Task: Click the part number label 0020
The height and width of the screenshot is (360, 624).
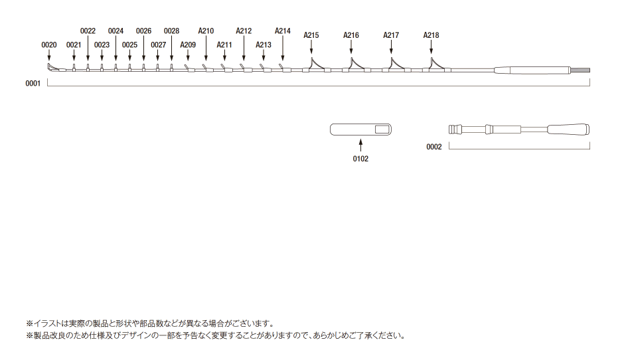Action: point(49,45)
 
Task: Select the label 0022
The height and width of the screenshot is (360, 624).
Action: point(88,31)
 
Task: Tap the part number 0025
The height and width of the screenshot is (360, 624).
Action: point(129,45)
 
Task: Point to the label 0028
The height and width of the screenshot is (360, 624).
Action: point(171,31)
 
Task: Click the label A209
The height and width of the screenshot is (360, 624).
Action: point(188,45)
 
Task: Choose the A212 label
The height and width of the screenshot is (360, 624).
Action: point(244,31)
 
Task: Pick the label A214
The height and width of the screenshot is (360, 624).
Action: point(283,31)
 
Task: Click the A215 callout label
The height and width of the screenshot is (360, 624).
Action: point(311,35)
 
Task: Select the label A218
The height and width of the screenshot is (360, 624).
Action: point(431,35)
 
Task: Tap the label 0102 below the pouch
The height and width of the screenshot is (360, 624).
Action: point(360,159)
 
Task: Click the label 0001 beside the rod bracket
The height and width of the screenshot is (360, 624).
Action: point(33,84)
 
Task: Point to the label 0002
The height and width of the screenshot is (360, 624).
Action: point(434,147)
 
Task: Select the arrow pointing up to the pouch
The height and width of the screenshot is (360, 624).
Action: point(360,145)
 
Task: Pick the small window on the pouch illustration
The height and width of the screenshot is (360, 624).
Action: point(382,130)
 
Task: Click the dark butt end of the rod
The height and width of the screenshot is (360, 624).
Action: point(580,70)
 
